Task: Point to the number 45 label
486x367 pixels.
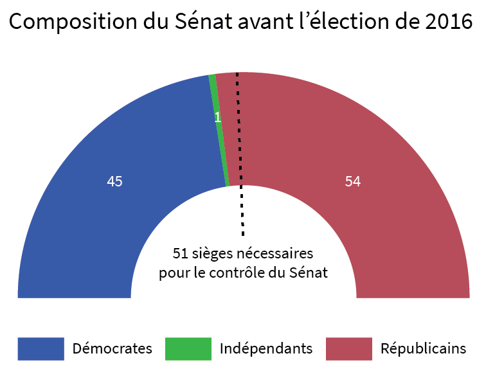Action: click(114, 182)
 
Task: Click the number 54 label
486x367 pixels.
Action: click(352, 182)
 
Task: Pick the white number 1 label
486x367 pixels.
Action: click(217, 118)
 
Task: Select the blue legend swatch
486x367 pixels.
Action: click(40, 349)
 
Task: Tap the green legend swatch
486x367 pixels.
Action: click(188, 349)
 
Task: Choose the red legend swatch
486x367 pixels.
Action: click(349, 349)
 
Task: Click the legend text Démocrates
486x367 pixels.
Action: click(113, 349)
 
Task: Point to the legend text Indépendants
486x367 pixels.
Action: click(266, 349)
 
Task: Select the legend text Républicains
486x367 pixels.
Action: click(424, 349)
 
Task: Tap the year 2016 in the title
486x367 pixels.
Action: click(449, 23)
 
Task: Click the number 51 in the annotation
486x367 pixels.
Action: click(180, 252)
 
